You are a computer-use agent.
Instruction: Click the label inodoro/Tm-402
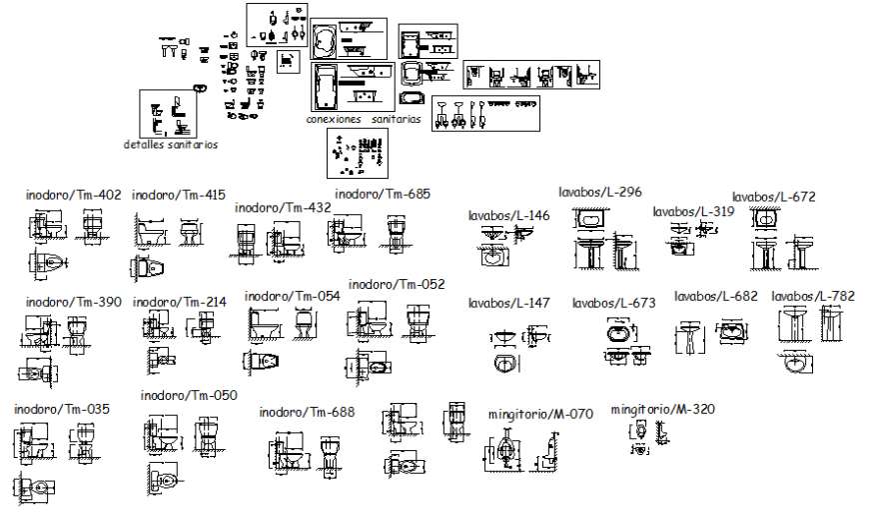point(73,195)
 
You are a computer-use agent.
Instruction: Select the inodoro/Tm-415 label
point(179,195)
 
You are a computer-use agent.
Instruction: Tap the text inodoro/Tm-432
point(283,208)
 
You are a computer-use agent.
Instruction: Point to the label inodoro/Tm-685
point(383,194)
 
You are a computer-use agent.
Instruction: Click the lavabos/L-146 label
point(509,215)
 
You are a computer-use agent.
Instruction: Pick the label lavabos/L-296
point(599,191)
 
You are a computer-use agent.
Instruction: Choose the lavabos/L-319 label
point(693,211)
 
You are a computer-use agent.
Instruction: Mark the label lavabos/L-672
point(774,197)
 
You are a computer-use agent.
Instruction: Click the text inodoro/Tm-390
point(73,301)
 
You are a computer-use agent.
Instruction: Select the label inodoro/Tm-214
point(180,301)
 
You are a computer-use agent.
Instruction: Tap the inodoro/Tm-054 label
point(293,296)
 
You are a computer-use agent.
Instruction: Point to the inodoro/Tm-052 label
point(397,285)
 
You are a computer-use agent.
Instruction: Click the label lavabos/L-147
point(509,302)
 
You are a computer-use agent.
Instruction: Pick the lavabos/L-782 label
point(813,296)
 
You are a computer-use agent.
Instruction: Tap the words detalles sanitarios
point(170,144)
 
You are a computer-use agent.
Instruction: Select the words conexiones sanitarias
point(364,119)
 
